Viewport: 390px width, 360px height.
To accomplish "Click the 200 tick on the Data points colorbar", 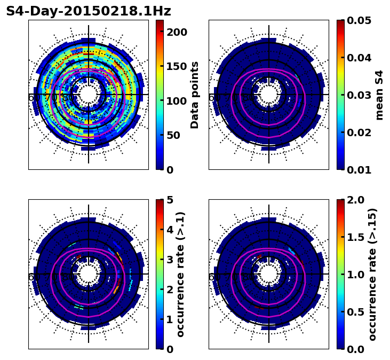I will [x=177, y=32].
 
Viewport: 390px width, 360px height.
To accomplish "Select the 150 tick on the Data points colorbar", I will [x=177, y=66].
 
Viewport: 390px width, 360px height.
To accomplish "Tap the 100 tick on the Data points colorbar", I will [x=177, y=101].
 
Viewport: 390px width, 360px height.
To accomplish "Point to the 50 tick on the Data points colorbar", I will [x=177, y=135].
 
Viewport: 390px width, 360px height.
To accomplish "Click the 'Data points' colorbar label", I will [x=195, y=95].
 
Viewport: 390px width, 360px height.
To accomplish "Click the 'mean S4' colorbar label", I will [x=379, y=95].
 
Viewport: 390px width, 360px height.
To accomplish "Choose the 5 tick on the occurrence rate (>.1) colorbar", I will [x=170, y=200].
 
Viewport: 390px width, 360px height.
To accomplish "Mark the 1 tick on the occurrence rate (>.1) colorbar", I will [x=170, y=319].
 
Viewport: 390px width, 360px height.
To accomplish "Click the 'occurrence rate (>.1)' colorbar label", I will [x=181, y=275].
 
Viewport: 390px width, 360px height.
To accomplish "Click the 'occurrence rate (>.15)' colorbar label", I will [x=372, y=275].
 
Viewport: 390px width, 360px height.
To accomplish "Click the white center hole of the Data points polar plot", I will [x=89, y=95].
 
